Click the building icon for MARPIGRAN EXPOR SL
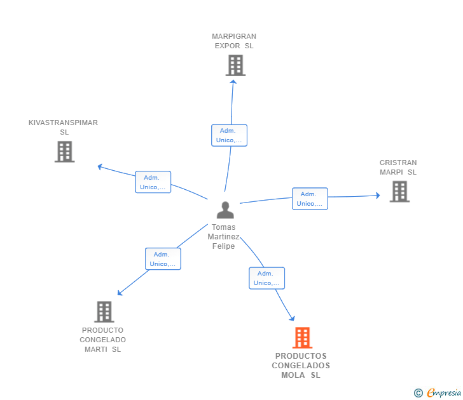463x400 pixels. (235, 65)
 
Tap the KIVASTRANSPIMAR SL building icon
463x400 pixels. (65, 152)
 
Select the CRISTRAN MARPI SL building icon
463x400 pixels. (399, 191)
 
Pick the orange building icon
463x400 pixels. (302, 338)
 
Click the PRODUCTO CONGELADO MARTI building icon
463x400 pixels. (104, 312)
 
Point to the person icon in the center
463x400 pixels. (225, 210)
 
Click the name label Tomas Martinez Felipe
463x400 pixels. (223, 236)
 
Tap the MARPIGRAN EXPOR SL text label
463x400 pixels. (234, 41)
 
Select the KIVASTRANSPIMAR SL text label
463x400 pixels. (63, 128)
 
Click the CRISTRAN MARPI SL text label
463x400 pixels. (398, 167)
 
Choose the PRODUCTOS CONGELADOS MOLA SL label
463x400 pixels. (301, 366)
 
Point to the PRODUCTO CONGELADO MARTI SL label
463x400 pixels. (103, 340)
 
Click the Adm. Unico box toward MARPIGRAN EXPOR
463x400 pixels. (229, 135)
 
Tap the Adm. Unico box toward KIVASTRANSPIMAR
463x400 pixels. (153, 182)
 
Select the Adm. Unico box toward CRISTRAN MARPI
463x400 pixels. (310, 199)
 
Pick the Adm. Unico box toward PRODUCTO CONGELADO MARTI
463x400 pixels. (163, 259)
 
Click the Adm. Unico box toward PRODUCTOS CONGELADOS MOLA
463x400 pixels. (267, 278)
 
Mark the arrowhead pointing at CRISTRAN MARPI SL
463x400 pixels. (378, 195)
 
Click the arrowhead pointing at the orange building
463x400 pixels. (293, 318)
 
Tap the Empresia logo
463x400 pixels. (438, 393)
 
